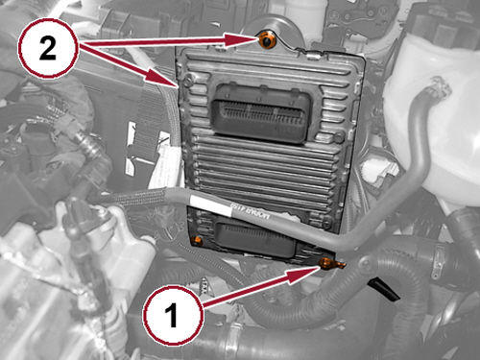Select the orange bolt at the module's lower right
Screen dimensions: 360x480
(x=327, y=262)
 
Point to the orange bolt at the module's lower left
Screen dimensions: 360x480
(x=199, y=237)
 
